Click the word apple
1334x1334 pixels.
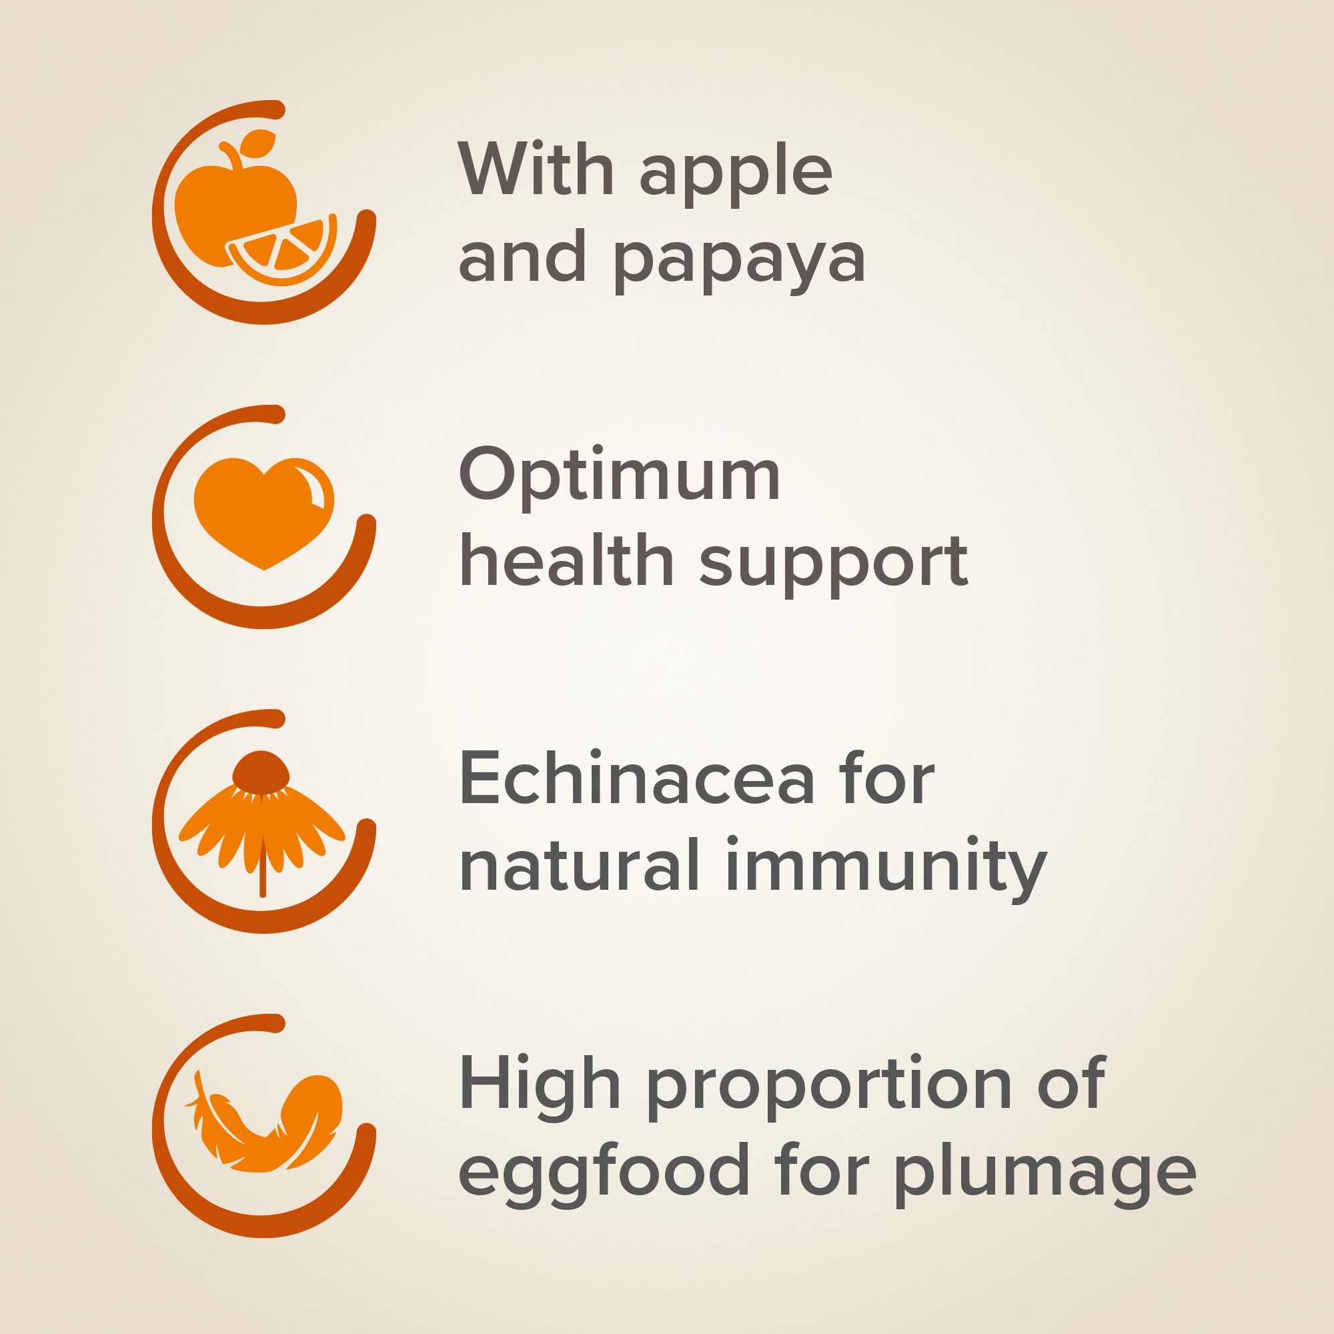tap(736, 173)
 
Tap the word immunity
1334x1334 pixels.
tap(886, 868)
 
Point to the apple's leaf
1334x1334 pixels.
tap(257, 143)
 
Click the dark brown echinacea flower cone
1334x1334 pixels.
tap(260, 772)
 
